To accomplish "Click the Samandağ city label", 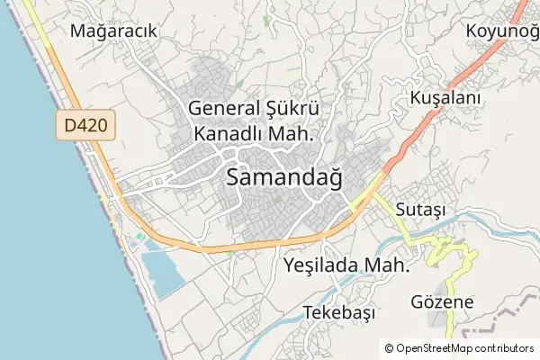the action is pos(284,177).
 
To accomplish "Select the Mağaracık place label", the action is pos(114,31).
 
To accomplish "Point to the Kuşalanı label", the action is pos(445,96).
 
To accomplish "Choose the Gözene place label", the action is pos(442,301).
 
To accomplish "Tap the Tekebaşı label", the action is pos(339,312).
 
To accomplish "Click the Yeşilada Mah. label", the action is pos(346,265).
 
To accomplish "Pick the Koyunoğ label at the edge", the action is pos(502,31).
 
